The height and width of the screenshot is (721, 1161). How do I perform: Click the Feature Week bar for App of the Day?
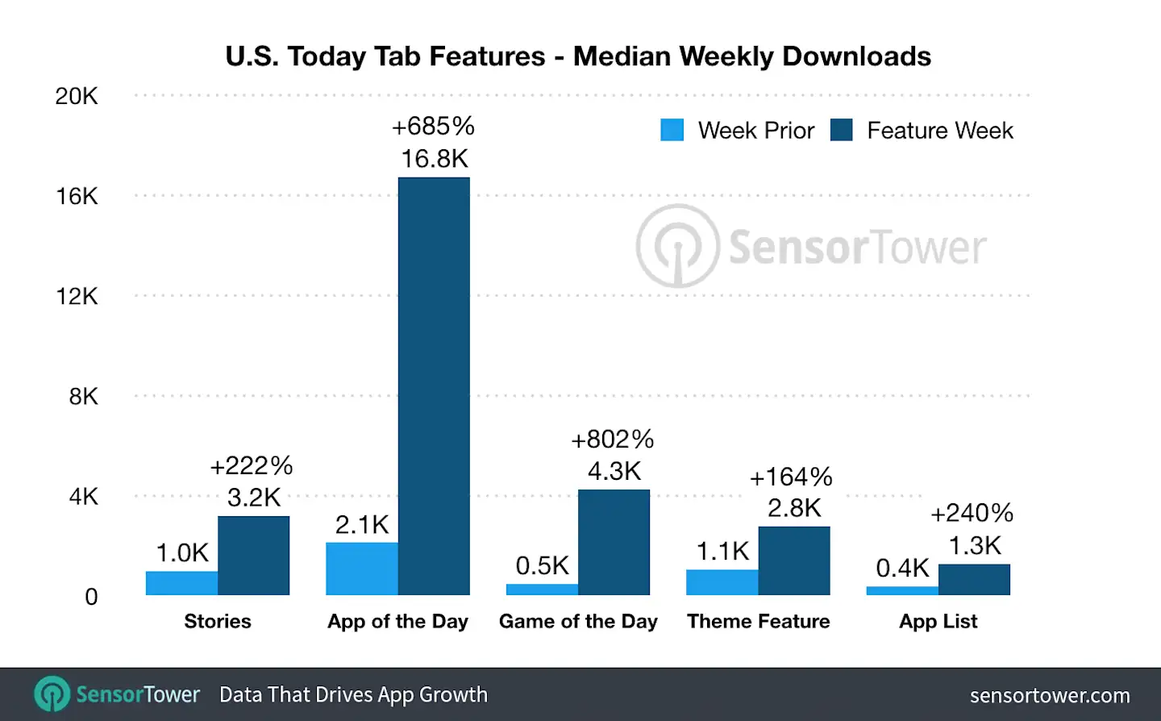(434, 386)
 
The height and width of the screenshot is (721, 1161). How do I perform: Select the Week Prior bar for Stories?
(181, 583)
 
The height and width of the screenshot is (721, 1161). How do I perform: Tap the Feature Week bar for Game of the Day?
(614, 542)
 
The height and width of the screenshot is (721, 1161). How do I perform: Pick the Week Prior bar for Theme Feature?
(722, 582)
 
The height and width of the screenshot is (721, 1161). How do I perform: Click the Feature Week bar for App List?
(974, 579)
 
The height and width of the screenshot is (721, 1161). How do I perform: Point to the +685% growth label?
(433, 127)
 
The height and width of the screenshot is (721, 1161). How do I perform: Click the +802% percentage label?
(613, 440)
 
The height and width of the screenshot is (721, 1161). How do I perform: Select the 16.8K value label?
(435, 159)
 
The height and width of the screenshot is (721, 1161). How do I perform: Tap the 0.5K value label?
(542, 565)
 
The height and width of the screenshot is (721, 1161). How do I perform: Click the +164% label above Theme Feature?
(791, 477)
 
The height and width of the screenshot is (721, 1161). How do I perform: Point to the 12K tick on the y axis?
(77, 297)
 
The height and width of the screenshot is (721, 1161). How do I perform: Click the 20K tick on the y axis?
(77, 97)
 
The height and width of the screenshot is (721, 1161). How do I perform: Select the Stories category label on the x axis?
(218, 621)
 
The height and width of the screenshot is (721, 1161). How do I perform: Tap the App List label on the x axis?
(938, 621)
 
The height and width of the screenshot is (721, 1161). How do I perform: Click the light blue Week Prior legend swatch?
(672, 130)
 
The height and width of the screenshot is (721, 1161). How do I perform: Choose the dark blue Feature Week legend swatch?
(842, 130)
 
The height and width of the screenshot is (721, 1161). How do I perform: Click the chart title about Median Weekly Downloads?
(578, 56)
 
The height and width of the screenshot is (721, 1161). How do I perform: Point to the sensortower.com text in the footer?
(1049, 695)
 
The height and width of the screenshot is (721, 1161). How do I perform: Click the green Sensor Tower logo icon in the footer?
(53, 694)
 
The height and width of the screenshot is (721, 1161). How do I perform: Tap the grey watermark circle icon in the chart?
(677, 246)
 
